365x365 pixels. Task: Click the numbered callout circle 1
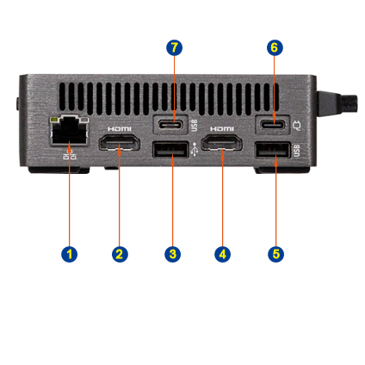[69, 254]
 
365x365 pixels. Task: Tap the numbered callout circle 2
[120, 254]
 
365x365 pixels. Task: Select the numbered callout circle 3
[172, 254]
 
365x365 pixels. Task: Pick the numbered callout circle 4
[222, 254]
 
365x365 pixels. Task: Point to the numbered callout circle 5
[275, 254]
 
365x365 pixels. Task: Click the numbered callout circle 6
[275, 47]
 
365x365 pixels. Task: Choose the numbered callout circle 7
[174, 47]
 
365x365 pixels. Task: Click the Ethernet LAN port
[69, 131]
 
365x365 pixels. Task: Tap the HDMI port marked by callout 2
[120, 143]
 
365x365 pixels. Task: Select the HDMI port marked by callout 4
[222, 143]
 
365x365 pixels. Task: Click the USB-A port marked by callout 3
[171, 150]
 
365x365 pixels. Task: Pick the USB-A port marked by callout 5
[274, 150]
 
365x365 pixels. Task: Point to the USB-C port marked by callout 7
[171, 125]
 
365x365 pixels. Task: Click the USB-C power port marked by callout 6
[273, 125]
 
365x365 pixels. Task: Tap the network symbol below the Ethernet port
[70, 155]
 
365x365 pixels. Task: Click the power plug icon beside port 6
[296, 126]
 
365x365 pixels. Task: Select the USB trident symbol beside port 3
[195, 150]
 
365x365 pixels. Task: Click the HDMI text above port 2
[120, 129]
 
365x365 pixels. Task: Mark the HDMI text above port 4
[222, 129]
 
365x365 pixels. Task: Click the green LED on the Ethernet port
[53, 119]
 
